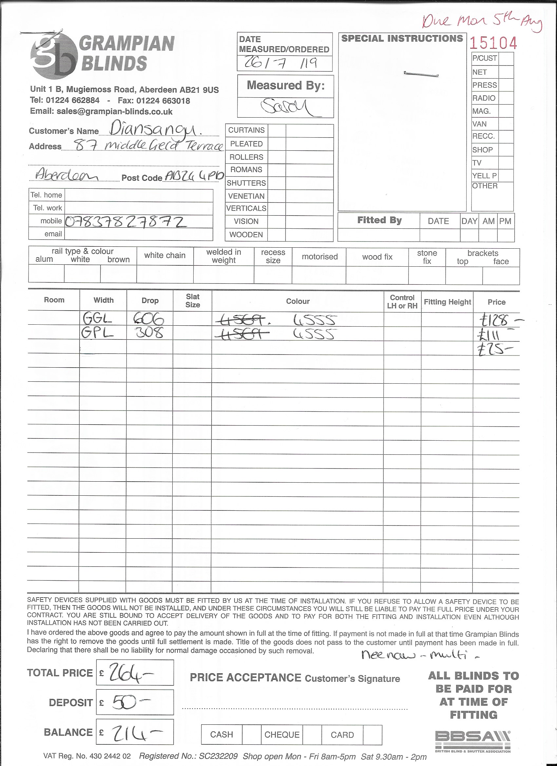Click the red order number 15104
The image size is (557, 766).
coord(493,43)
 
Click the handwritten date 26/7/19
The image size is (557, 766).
coord(280,64)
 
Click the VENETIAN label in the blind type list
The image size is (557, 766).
coord(246,196)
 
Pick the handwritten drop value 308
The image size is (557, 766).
coord(149,333)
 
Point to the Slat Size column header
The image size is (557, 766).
coord(193,300)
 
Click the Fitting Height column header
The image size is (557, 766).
coord(447,302)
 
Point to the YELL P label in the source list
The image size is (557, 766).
coord(484,176)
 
